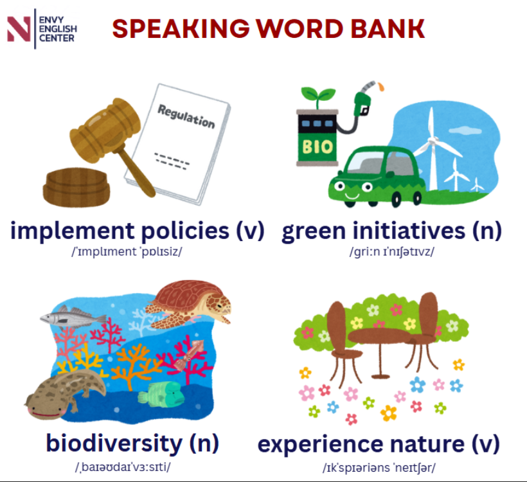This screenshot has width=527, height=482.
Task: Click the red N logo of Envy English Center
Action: click(x=19, y=29)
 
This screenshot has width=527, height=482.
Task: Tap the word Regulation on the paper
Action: click(x=186, y=116)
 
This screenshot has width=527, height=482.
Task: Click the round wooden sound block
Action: click(x=76, y=187)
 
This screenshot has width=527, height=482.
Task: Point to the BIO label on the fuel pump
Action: click(x=317, y=147)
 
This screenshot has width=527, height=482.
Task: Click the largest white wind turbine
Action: click(x=434, y=148)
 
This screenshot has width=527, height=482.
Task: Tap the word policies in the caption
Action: click(x=185, y=231)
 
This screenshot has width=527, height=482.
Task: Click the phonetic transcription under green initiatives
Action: click(x=392, y=252)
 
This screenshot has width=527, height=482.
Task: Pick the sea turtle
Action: click(x=189, y=305)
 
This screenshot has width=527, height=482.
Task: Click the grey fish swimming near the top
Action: click(x=73, y=317)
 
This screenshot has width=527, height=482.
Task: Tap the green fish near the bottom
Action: click(x=162, y=393)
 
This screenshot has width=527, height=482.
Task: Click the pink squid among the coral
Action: click(x=189, y=355)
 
